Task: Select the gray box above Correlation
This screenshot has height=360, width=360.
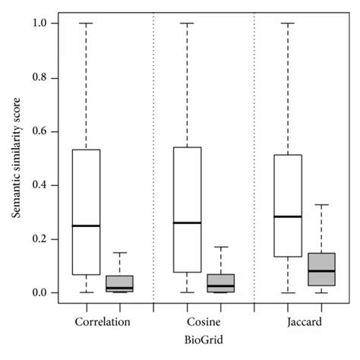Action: point(119,283)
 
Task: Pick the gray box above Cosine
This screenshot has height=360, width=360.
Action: point(220,282)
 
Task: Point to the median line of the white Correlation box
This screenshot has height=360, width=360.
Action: point(86,226)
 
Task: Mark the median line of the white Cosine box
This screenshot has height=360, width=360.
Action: point(187,223)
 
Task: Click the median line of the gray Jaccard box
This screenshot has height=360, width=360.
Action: point(321,270)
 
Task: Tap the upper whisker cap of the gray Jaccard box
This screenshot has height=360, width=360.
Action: point(321,205)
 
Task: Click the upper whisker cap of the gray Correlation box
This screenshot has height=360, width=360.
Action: point(119,252)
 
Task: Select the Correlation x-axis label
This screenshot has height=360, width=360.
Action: point(103,321)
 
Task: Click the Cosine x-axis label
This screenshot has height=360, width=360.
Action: point(204,321)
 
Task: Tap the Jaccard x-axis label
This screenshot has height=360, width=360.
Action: point(305,321)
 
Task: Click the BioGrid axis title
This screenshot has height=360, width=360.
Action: point(204,341)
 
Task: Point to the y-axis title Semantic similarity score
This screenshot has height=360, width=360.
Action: point(16,158)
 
